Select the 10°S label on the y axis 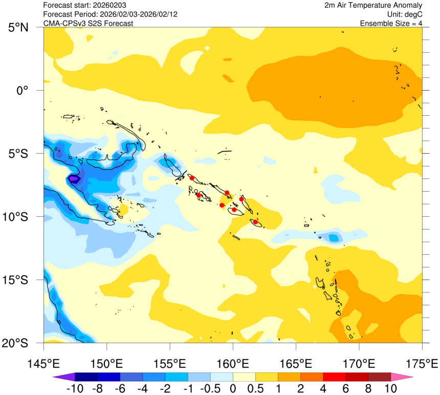19,217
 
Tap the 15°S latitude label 19,280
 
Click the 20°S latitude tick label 19,343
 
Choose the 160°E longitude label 233,364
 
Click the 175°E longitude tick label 422,364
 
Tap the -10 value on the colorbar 75,388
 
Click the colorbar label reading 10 390,388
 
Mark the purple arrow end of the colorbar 60,377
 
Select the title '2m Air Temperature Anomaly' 373,5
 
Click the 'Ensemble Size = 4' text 391,23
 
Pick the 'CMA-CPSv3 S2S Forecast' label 88,23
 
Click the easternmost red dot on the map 255,222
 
